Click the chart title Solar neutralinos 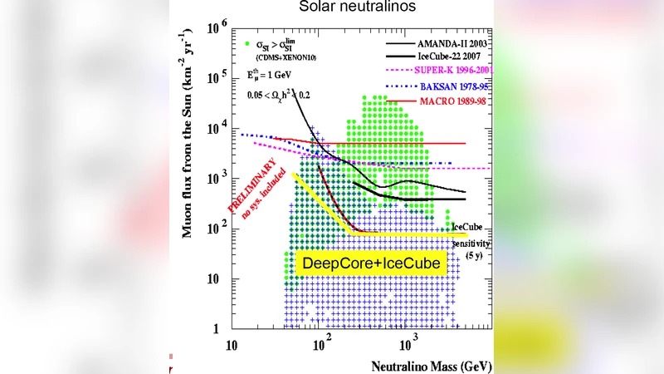tap(332, 7)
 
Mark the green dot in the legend tap(249, 42)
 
